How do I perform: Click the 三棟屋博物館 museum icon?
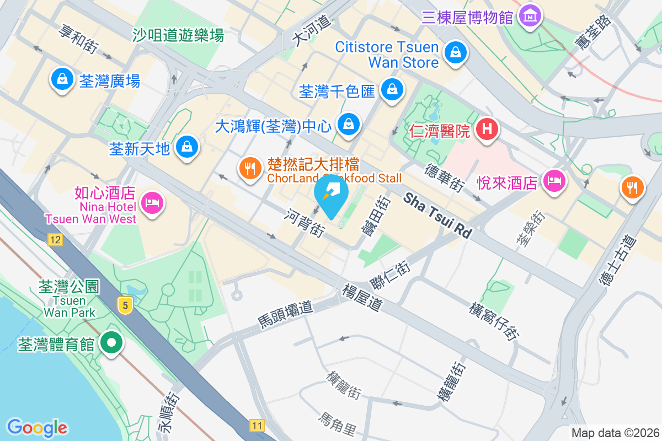(530, 16)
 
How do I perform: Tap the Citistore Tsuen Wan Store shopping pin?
(456, 53)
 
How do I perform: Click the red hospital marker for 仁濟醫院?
(487, 130)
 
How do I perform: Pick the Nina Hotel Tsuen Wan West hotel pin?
(151, 202)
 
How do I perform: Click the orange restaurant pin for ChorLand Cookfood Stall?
(251, 168)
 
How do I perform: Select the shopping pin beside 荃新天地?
(188, 147)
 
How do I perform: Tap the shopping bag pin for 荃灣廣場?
(62, 79)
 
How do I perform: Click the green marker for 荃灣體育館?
(111, 343)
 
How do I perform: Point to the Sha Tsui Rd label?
(438, 215)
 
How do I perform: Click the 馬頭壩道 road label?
(285, 314)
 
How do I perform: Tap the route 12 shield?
(55, 239)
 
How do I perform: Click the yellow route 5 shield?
(126, 305)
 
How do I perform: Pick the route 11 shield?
(257, 425)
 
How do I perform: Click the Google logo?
(37, 427)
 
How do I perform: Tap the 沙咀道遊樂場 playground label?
(178, 36)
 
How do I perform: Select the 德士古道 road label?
(617, 261)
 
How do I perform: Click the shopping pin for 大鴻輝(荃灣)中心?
(349, 125)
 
